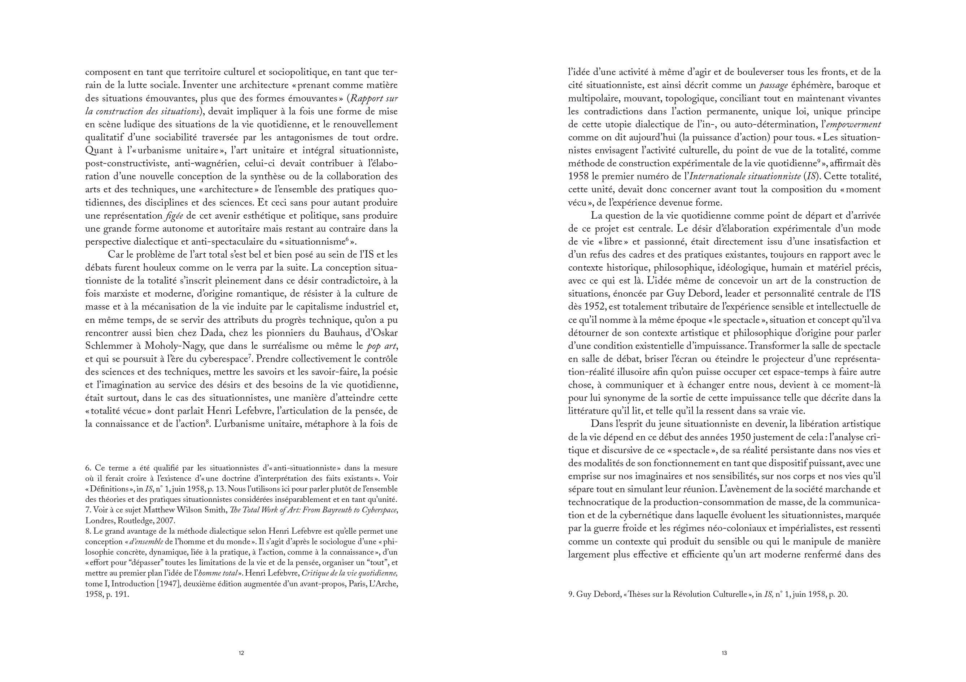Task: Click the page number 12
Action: (241, 653)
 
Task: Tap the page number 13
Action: (724, 653)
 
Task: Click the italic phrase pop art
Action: (382, 346)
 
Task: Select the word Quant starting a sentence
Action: (97, 150)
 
